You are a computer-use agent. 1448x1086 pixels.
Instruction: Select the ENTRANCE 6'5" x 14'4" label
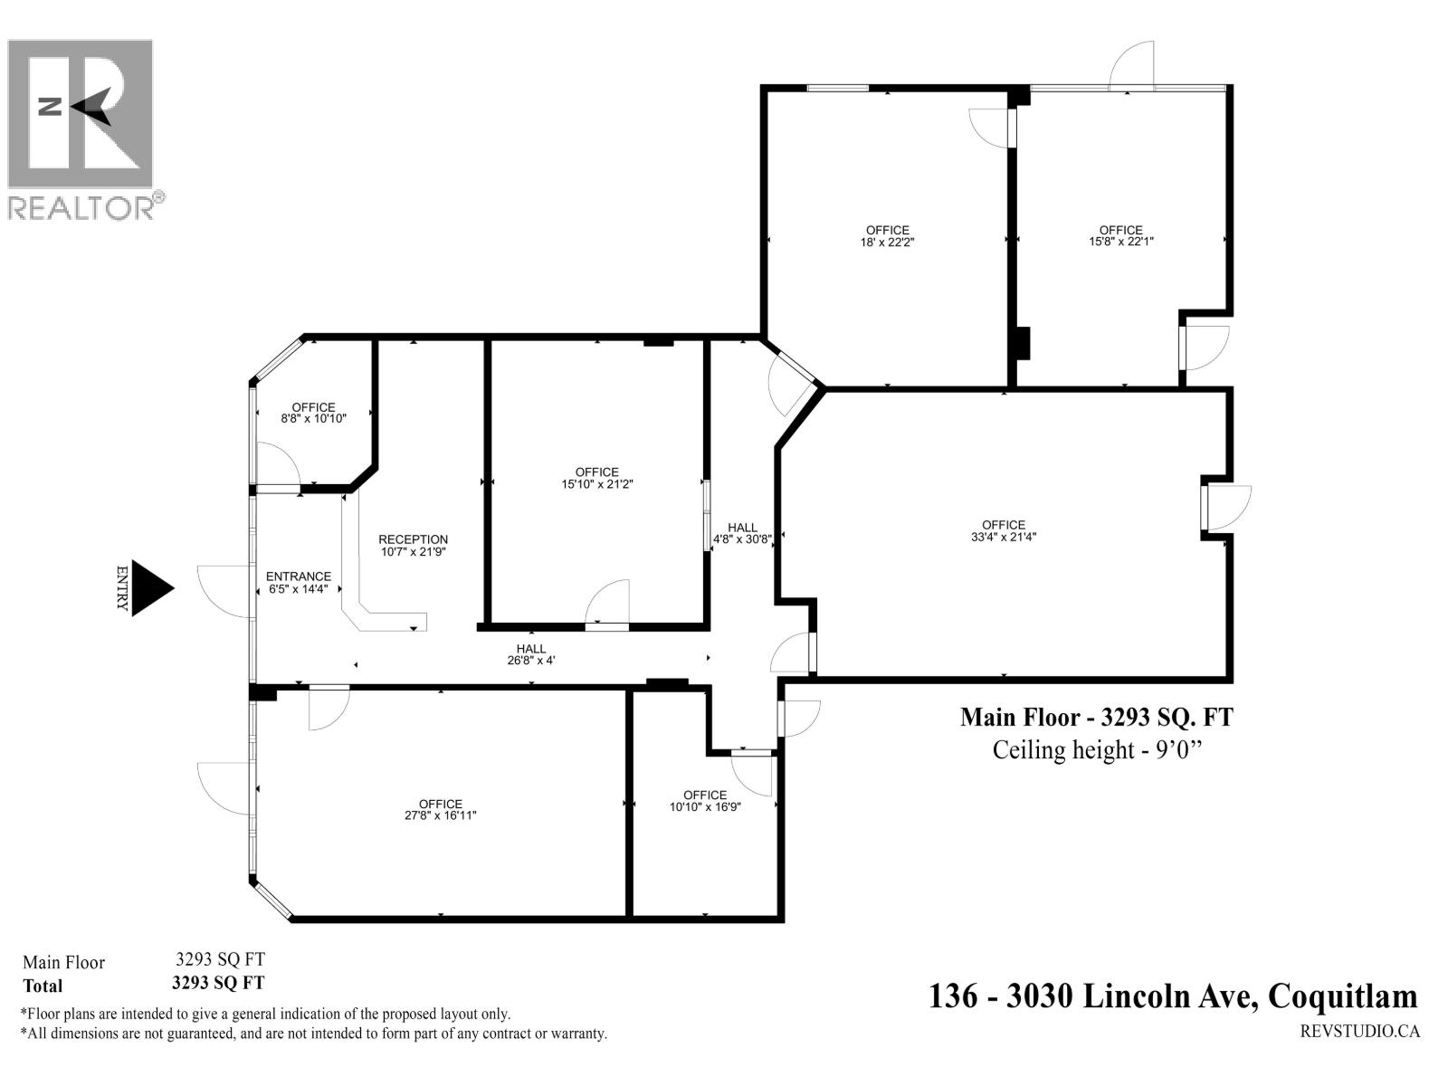pos(299,582)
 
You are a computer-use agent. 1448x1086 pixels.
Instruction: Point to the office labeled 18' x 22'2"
pos(887,236)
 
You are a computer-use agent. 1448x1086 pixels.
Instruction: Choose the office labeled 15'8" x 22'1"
pos(1120,235)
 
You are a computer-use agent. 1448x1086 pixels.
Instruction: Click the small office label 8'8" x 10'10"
pos(313,413)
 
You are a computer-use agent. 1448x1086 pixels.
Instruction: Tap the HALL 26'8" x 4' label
pos(531,654)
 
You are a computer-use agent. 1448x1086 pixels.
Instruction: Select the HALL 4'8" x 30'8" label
pos(742,533)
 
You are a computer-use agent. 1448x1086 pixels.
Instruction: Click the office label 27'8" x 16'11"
pos(441,809)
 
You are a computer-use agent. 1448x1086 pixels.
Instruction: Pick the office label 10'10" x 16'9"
pos(705,801)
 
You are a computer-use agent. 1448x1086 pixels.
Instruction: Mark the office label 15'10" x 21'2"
pos(596,478)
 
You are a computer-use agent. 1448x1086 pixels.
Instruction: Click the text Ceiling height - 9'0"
pos(1100,750)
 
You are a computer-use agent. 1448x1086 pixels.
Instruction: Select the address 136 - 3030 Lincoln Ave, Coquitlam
pos(1173,996)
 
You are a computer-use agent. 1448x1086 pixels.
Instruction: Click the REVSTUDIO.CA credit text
pos(1359,1031)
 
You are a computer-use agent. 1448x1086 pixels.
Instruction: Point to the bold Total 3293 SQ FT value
pos(219,982)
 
